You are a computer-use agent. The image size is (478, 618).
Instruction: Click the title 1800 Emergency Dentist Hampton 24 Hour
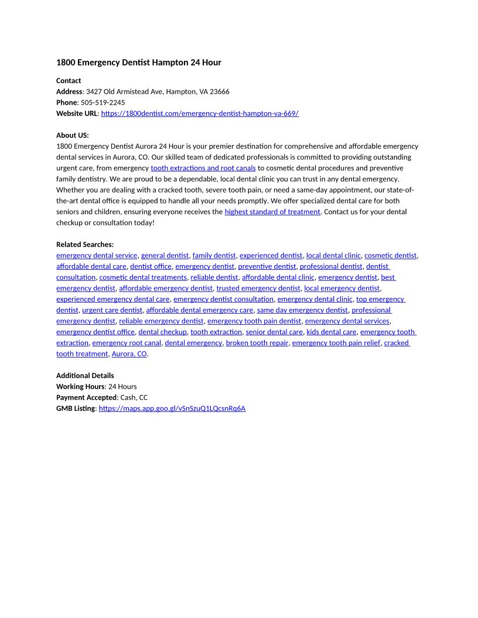pos(138,63)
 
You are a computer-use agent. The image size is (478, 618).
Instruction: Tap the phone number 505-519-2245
pos(103,102)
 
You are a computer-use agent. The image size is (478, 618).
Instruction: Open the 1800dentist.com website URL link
pos(200,114)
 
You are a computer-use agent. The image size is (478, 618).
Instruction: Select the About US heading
pos(72,135)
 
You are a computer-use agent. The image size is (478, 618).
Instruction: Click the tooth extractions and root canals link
pos(203,168)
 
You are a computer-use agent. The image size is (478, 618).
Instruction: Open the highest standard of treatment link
pos(272,212)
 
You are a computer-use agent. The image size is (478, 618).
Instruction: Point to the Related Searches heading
pos(85,245)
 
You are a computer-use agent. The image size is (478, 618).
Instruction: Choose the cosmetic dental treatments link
pos(143,277)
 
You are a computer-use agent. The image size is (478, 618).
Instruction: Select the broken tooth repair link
pos(257,343)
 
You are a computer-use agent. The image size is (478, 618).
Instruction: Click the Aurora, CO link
pos(129,354)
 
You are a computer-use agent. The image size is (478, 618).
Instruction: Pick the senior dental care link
pos(274,332)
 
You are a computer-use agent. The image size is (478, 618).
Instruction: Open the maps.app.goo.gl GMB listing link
pos(172,408)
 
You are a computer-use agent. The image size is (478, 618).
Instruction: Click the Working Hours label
pos(80,387)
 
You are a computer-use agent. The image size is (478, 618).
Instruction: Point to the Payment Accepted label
pos(86,398)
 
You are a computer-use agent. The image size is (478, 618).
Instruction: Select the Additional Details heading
pos(85,376)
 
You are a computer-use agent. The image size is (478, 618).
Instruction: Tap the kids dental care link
pos(331,332)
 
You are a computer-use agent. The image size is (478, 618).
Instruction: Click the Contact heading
pos(69,81)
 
